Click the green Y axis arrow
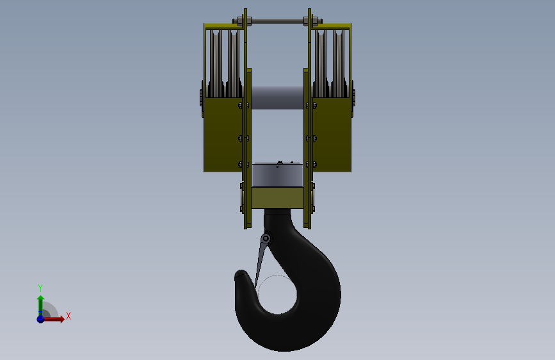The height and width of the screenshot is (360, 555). click(x=40, y=303)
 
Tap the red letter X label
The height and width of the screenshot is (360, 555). click(x=68, y=316)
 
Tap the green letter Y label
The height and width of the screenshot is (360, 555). click(x=40, y=288)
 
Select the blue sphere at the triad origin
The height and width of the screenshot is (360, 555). click(x=40, y=318)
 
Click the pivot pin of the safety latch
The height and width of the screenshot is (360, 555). click(x=266, y=239)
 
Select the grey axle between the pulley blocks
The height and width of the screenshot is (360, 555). click(x=277, y=97)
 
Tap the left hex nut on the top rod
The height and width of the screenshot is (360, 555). click(x=239, y=23)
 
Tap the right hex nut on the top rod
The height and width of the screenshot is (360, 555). click(x=315, y=23)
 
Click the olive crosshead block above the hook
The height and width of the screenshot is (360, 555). click(x=277, y=198)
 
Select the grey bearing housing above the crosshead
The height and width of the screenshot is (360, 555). click(x=277, y=175)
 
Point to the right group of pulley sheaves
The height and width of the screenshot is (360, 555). click(x=330, y=61)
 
